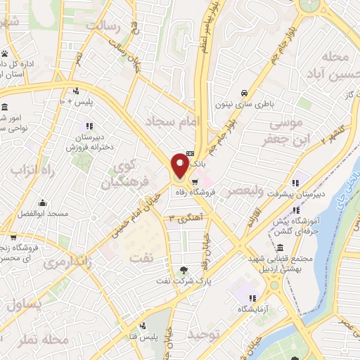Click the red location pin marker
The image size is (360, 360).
[x=179, y=165]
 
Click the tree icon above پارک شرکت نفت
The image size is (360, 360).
[x=184, y=269]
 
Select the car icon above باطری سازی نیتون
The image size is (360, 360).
[x=243, y=93]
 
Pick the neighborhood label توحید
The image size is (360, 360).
[x=205, y=335]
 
